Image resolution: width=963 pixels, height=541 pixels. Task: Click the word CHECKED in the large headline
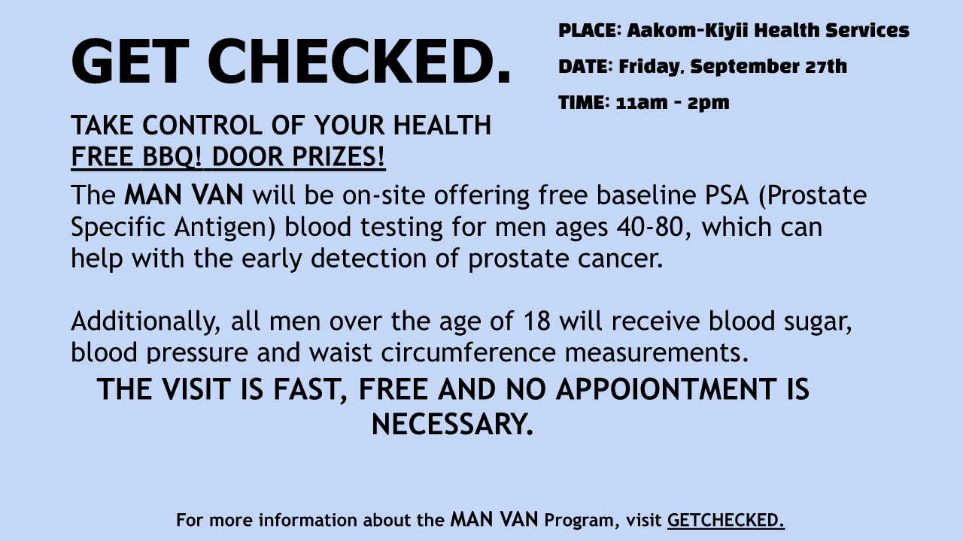pyautogui.click(x=360, y=61)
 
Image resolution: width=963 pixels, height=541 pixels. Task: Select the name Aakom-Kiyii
pyautogui.click(x=688, y=31)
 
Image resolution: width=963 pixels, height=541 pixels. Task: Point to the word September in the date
pyautogui.click(x=744, y=67)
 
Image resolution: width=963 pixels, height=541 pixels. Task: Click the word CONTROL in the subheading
pyautogui.click(x=202, y=125)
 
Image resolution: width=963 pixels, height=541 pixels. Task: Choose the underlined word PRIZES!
pyautogui.click(x=339, y=156)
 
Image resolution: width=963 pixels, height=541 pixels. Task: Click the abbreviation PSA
pyautogui.click(x=727, y=195)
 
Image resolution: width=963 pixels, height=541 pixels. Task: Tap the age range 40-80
pyautogui.click(x=650, y=227)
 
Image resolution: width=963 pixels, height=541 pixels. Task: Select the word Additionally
pyautogui.click(x=146, y=322)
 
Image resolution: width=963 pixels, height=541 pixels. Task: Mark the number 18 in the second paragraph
pyautogui.click(x=536, y=321)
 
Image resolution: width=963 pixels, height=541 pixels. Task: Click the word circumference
pyautogui.click(x=468, y=353)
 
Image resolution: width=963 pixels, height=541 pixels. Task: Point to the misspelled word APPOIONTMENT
pyautogui.click(x=666, y=389)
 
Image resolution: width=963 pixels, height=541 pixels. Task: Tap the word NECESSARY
pyautogui.click(x=452, y=425)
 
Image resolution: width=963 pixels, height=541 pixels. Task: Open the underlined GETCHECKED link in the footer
pyautogui.click(x=726, y=521)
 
